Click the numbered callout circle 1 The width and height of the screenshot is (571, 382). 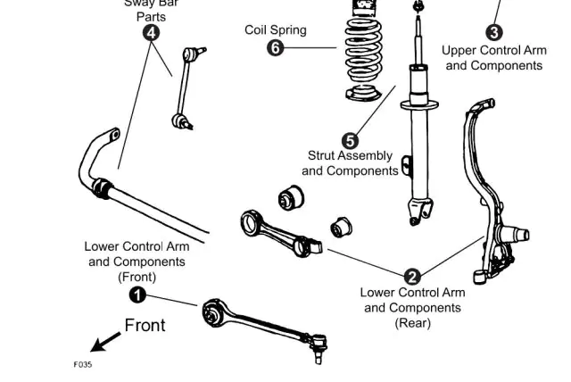pyautogui.click(x=137, y=295)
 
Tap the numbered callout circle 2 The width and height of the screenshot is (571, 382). pyautogui.click(x=412, y=276)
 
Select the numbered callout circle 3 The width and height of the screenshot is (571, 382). pyautogui.click(x=494, y=33)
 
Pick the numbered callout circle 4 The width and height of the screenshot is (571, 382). pyautogui.click(x=152, y=33)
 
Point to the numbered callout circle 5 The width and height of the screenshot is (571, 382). pyautogui.click(x=350, y=140)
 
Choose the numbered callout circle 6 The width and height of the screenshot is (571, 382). pyautogui.click(x=276, y=47)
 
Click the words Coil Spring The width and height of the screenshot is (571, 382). pyautogui.click(x=276, y=30)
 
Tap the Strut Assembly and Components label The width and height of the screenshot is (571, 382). pyautogui.click(x=350, y=162)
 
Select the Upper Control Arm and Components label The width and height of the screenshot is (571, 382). pyautogui.click(x=494, y=58)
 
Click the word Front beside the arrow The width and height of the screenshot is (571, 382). pyautogui.click(x=145, y=326)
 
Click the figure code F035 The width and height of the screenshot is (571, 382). pyautogui.click(x=82, y=364)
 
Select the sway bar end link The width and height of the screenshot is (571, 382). pyautogui.click(x=185, y=89)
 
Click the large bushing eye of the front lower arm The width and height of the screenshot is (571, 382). pyautogui.click(x=212, y=312)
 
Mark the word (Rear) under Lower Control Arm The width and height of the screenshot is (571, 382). pyautogui.click(x=412, y=323)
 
